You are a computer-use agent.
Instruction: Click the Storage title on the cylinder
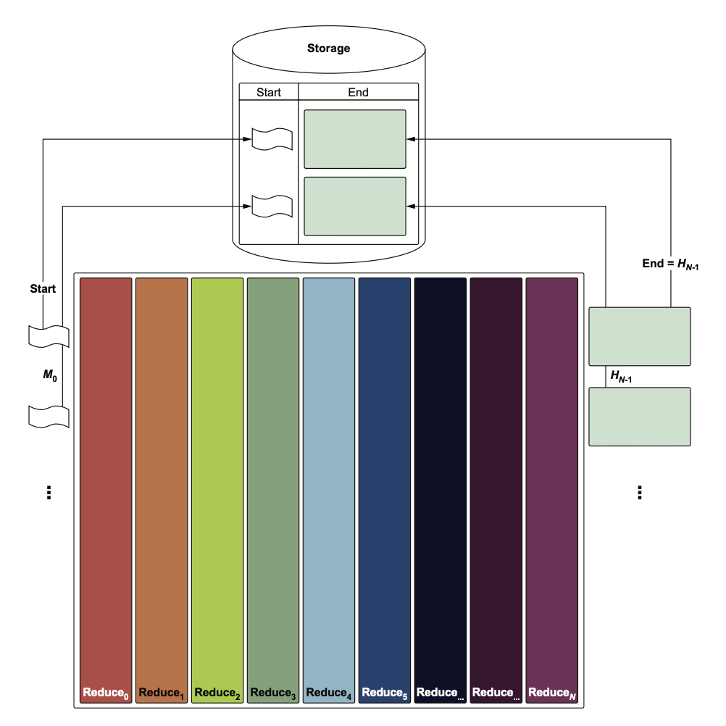[x=328, y=49]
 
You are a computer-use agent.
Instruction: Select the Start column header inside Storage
[x=269, y=92]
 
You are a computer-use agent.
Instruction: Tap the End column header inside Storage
[x=358, y=92]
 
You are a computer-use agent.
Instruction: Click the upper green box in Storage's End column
[x=354, y=139]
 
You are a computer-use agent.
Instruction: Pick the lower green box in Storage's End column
[x=354, y=206]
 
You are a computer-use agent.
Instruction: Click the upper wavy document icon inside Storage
[x=272, y=138]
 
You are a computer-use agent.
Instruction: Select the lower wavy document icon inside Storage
[x=272, y=206]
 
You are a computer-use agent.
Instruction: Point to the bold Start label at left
[x=43, y=289]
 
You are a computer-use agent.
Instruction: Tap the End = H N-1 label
[x=670, y=264]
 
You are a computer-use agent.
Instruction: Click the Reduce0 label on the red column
[x=106, y=693]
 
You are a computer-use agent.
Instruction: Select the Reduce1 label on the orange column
[x=162, y=693]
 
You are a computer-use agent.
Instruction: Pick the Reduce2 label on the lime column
[x=217, y=693]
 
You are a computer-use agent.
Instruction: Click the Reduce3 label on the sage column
[x=273, y=693]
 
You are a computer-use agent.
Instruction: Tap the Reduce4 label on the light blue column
[x=329, y=693]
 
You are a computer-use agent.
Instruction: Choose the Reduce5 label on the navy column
[x=385, y=693]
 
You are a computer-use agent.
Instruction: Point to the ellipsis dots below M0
[x=49, y=493]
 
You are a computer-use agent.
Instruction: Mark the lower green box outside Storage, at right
[x=639, y=417]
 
